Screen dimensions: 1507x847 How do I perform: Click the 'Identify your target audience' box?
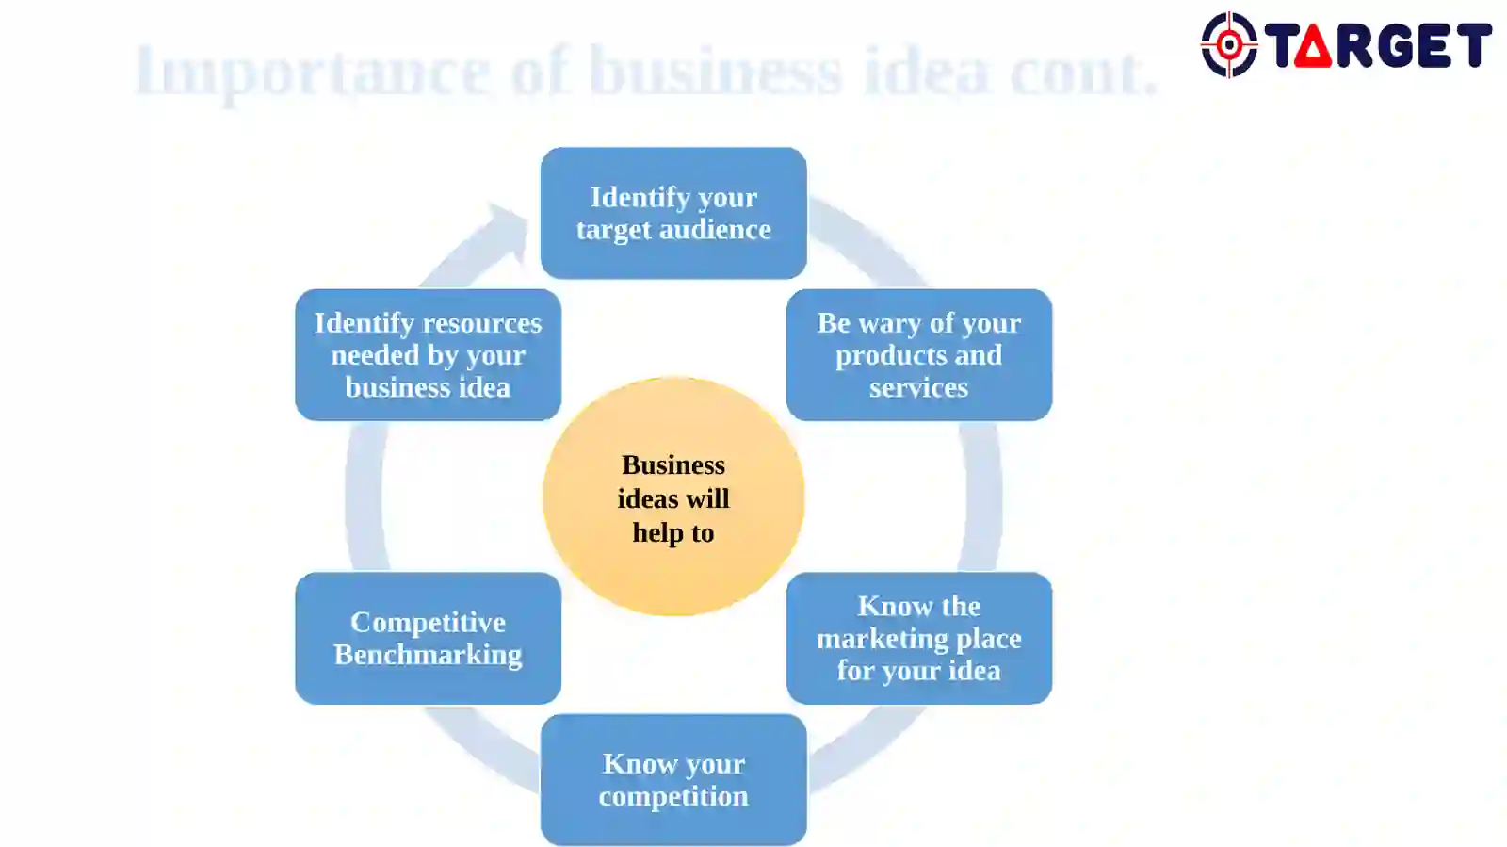coord(673,213)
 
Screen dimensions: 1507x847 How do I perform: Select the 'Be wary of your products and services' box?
coord(919,355)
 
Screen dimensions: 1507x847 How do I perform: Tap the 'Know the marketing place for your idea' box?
coord(919,639)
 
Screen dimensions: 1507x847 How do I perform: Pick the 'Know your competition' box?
coord(673,780)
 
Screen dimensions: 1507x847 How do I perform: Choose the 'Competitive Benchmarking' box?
coord(428,639)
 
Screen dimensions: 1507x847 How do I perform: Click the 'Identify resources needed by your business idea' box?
coord(428,355)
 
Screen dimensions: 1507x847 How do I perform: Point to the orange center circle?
coord(673,497)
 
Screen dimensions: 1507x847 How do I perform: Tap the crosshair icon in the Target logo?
coord(1229,45)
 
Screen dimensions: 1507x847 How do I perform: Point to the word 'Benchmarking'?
coord(428,655)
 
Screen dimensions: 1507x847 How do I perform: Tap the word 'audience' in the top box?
coord(715,229)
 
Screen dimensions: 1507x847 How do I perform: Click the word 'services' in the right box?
coord(919,388)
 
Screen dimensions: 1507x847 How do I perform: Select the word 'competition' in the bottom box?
coord(673,797)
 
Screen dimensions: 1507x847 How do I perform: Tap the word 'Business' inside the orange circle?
coord(673,464)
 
